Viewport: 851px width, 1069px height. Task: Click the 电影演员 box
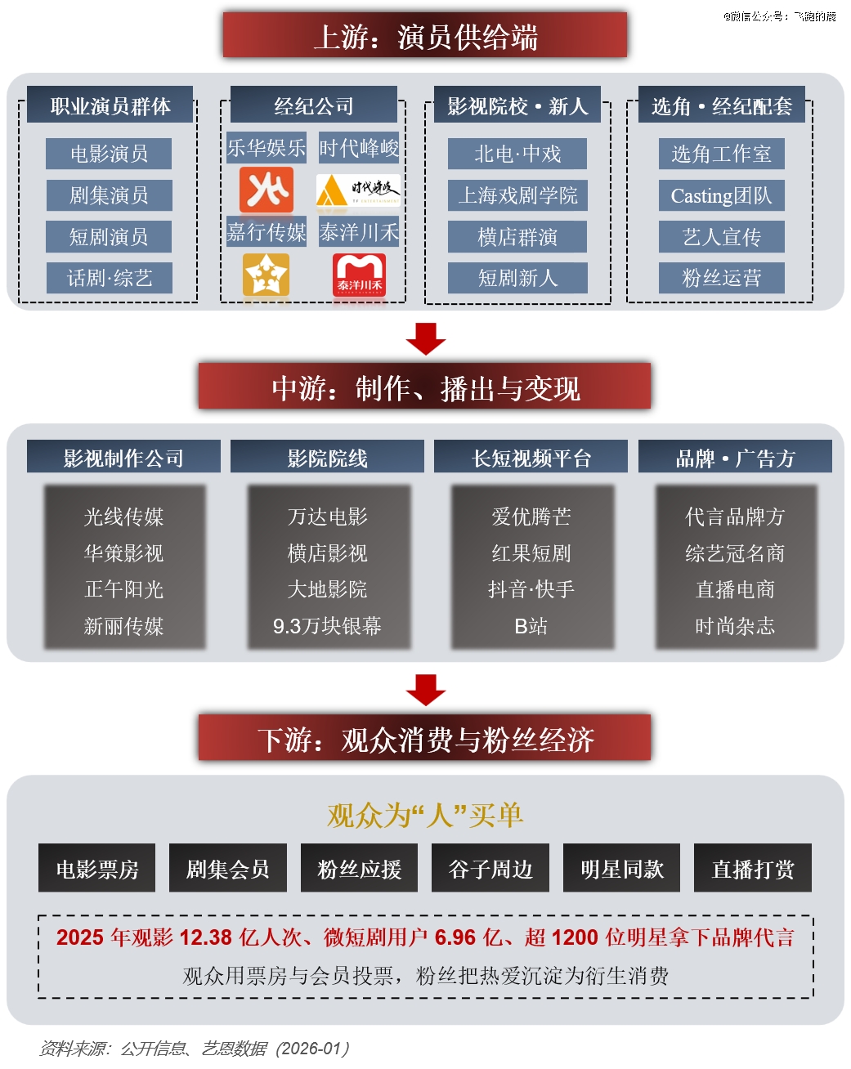(x=109, y=154)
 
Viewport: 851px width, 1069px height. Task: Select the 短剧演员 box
(x=109, y=236)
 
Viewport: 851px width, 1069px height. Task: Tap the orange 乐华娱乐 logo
(x=266, y=190)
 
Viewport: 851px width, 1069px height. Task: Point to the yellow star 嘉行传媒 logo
(x=266, y=275)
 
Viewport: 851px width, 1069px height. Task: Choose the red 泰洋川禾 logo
(x=359, y=275)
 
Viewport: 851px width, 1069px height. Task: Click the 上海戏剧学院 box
(x=517, y=195)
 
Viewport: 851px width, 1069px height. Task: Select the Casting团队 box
(x=721, y=195)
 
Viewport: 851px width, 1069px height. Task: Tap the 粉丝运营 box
(x=721, y=278)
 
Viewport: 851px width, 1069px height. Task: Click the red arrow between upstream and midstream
(x=426, y=339)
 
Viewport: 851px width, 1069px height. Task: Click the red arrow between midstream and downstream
(x=426, y=690)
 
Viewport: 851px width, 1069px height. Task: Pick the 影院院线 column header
(x=327, y=456)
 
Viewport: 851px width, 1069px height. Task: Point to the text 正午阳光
(x=123, y=589)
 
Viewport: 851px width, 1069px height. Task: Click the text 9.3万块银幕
(x=327, y=626)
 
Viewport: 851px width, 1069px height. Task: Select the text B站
(x=531, y=626)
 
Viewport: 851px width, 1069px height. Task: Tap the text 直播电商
(x=735, y=589)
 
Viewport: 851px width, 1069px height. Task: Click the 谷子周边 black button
(x=490, y=867)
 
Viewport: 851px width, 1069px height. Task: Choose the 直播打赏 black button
(x=753, y=867)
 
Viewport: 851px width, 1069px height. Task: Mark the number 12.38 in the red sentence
(x=206, y=937)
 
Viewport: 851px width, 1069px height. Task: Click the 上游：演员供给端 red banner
(x=425, y=35)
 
